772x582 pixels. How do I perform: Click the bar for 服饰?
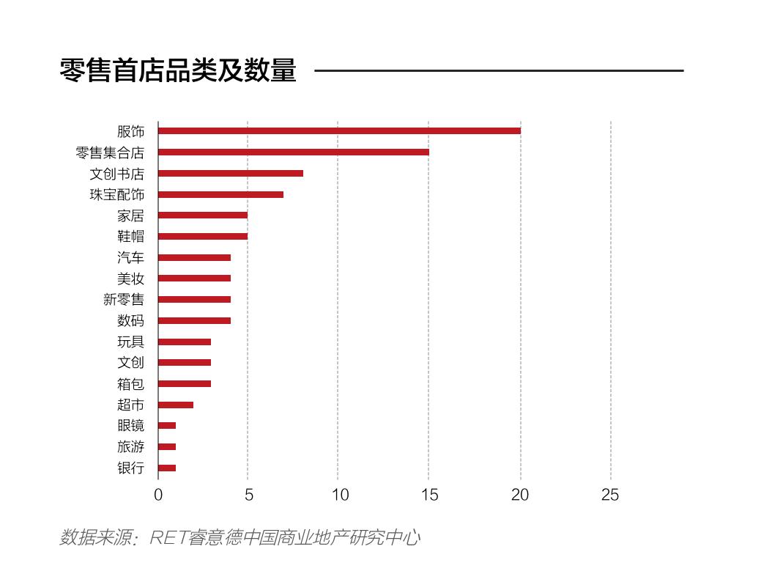click(339, 131)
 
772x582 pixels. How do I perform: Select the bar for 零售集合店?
click(293, 152)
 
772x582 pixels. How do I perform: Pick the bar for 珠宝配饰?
click(220, 194)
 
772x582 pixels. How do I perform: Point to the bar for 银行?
click(167, 468)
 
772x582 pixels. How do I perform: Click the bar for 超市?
click(176, 405)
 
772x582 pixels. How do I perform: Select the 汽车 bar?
click(194, 257)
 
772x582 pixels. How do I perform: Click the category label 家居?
click(130, 216)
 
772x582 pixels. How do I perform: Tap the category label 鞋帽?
click(130, 237)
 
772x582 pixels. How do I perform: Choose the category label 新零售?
click(124, 300)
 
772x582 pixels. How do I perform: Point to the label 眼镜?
click(130, 426)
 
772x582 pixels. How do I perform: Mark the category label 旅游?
click(130, 447)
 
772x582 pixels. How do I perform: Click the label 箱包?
click(130, 384)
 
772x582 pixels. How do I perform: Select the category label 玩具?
click(130, 342)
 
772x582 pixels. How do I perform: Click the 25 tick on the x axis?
click(610, 496)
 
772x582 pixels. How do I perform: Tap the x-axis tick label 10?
click(339, 496)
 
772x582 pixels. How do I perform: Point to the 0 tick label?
click(158, 496)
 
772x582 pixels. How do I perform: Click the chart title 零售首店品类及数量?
click(178, 71)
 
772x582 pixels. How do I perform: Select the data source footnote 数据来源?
click(240, 537)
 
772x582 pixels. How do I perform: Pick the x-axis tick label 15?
click(429, 496)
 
